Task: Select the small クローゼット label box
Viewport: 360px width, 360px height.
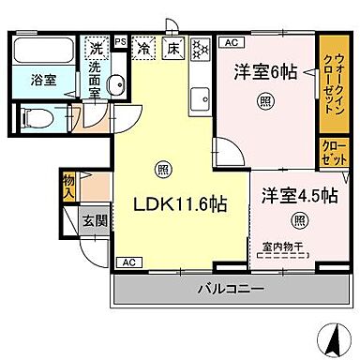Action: pos(331,152)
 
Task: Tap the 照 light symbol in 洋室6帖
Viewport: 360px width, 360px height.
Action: pos(267,102)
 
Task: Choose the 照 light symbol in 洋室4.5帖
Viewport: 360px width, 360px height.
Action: pos(298,220)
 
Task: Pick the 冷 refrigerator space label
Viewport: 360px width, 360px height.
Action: pos(144,46)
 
